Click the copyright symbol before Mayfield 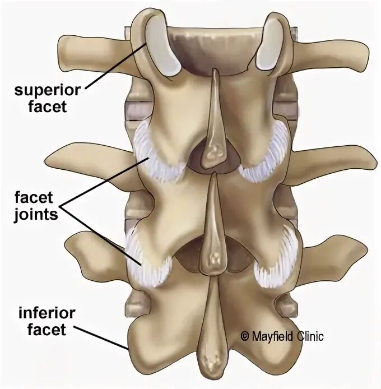pos(244,337)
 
